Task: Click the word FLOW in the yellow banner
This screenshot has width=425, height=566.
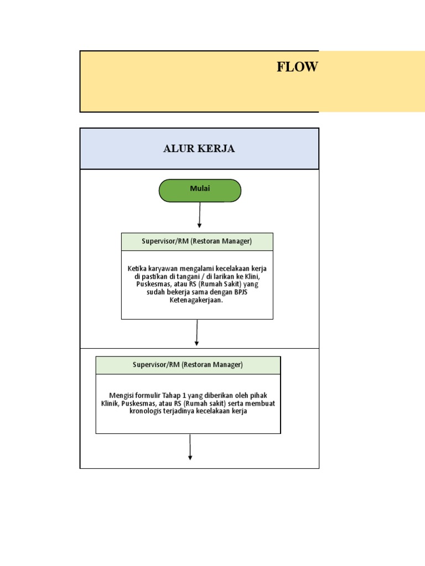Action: [x=297, y=67]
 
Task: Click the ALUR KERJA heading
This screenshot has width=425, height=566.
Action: [x=199, y=149]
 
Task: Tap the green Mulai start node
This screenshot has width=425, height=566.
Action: [x=200, y=190]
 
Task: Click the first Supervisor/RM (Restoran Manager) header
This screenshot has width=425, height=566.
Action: [x=197, y=242]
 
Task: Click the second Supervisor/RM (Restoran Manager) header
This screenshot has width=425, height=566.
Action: [x=188, y=365]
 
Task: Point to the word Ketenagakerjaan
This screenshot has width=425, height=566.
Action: [x=197, y=300]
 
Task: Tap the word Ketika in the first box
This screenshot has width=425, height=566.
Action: [x=137, y=268]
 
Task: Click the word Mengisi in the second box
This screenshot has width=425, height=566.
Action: [x=121, y=395]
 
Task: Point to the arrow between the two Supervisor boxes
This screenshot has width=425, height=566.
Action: [x=197, y=333]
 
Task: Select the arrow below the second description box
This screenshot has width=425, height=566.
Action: [x=190, y=447]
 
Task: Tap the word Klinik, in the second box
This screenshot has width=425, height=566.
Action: [x=111, y=403]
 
